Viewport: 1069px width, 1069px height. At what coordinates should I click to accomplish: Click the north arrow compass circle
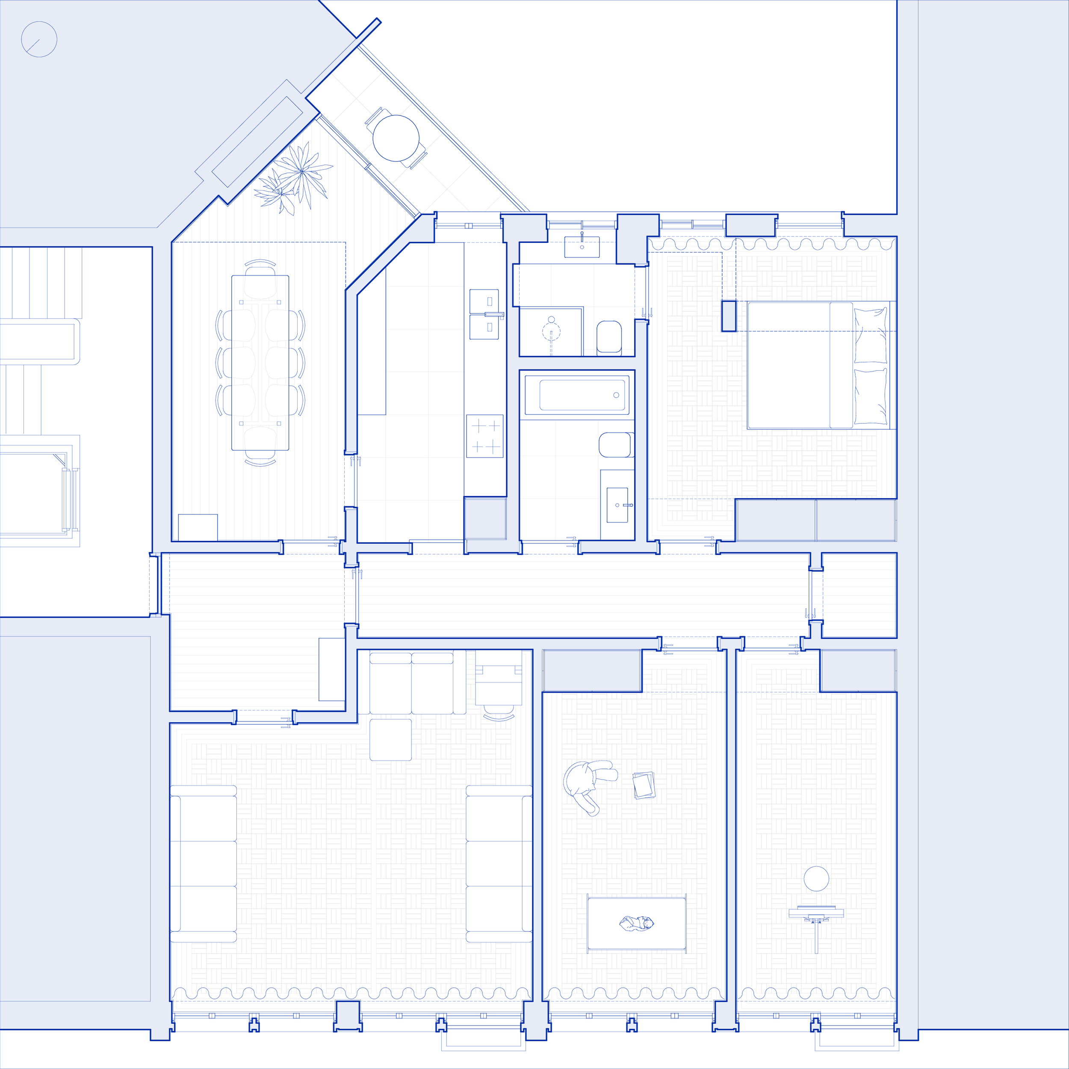(x=39, y=39)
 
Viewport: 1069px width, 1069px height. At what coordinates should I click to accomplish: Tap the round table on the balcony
(x=396, y=138)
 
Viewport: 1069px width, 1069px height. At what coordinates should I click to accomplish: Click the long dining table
(x=260, y=363)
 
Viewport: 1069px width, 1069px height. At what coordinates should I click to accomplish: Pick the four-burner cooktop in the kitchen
(x=485, y=436)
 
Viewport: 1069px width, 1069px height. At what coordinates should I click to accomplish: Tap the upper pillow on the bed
(x=870, y=335)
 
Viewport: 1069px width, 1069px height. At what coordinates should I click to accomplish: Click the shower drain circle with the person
(x=551, y=331)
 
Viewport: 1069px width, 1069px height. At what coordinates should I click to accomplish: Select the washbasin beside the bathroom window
(x=582, y=247)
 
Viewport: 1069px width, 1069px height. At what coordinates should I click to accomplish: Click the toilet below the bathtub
(x=615, y=444)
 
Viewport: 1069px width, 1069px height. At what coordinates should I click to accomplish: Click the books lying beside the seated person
(x=644, y=785)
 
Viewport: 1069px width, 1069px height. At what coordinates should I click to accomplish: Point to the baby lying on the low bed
(x=636, y=923)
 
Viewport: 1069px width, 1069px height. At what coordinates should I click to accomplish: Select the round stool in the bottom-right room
(x=816, y=879)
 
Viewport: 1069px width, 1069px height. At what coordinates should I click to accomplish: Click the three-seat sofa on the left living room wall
(x=203, y=863)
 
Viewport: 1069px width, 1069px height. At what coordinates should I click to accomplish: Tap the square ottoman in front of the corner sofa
(x=391, y=740)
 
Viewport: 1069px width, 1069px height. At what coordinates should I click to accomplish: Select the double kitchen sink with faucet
(x=484, y=314)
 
